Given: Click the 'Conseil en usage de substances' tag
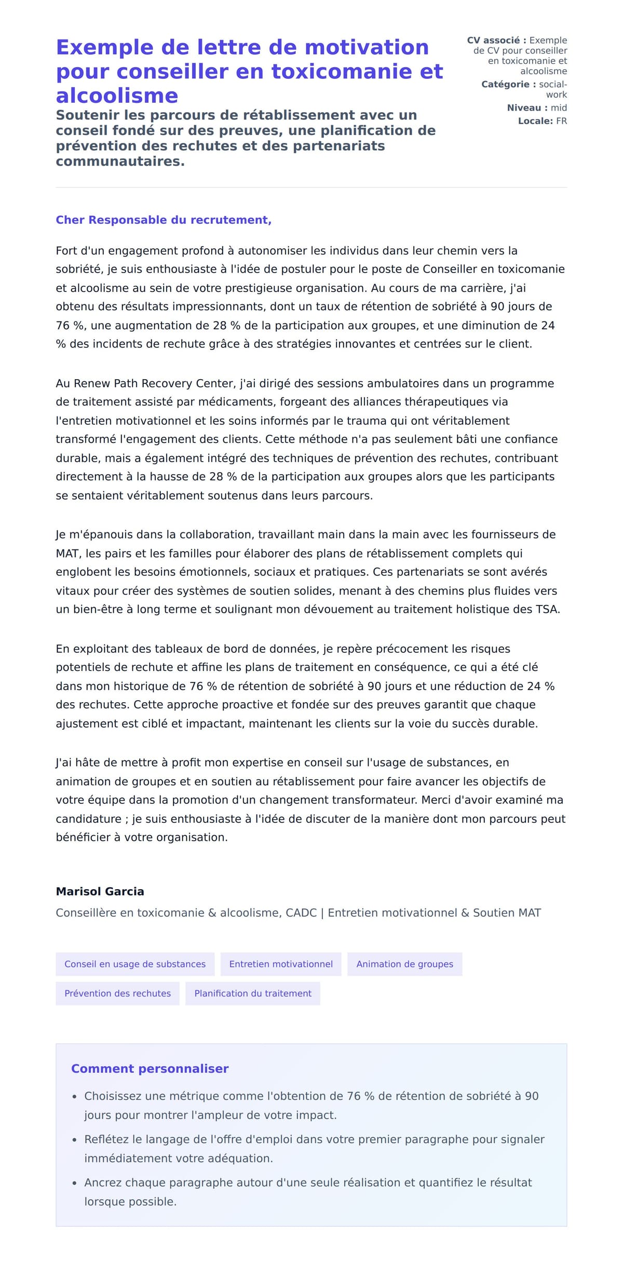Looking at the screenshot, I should (x=135, y=964).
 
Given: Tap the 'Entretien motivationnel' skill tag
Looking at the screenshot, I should (x=281, y=964).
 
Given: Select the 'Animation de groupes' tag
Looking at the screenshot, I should (x=404, y=964).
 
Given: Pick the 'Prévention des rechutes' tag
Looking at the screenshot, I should (x=117, y=993).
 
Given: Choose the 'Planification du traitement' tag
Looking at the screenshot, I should (x=253, y=993).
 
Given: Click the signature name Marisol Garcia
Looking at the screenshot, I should (x=100, y=891).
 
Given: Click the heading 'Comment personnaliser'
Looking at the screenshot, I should (x=150, y=1069).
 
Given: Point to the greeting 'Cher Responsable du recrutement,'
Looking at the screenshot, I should (x=164, y=220).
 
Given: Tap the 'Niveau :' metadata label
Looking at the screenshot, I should (x=527, y=108).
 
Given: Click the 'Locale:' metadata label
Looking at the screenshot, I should (x=535, y=121).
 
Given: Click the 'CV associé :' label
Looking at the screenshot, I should (x=496, y=40).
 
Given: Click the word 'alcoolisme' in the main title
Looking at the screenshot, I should (x=117, y=96).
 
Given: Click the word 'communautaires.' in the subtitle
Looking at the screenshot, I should (x=120, y=161).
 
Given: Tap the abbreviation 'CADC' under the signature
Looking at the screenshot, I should (x=301, y=912).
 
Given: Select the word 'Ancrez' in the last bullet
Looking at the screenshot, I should (x=103, y=1183).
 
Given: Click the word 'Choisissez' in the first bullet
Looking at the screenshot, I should (x=113, y=1096).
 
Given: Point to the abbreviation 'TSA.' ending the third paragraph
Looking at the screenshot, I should (x=548, y=609).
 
